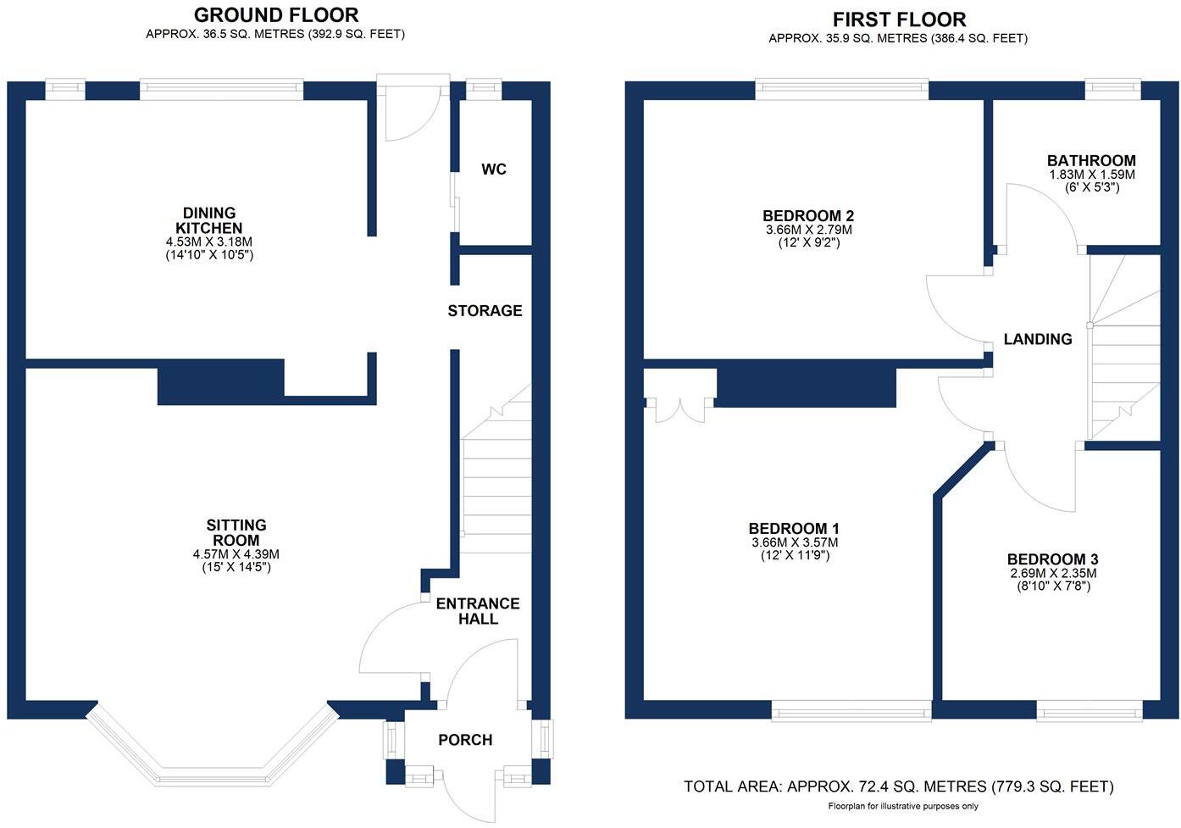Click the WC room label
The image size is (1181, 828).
(494, 169)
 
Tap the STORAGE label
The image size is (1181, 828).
(485, 311)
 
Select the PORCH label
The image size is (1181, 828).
(465, 740)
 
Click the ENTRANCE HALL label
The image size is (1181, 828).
(478, 611)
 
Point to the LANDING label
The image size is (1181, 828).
(1038, 339)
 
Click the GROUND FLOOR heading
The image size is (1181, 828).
(276, 15)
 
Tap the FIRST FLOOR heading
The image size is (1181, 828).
(899, 19)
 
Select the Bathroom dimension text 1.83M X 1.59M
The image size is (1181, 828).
(1091, 175)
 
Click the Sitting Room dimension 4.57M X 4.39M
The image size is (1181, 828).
(236, 554)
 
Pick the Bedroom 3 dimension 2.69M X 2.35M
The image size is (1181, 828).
(1053, 573)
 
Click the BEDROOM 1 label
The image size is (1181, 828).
(795, 529)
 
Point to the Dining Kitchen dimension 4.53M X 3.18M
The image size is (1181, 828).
(209, 242)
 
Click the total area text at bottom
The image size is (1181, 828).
(898, 786)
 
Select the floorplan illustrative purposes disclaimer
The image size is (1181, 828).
(903, 806)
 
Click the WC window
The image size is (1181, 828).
(484, 86)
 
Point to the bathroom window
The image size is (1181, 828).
(1113, 86)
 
